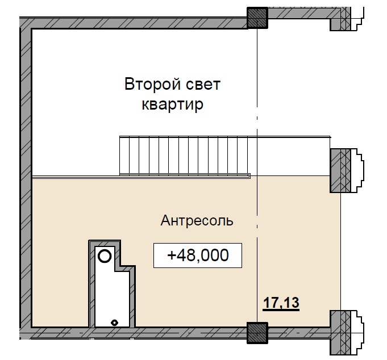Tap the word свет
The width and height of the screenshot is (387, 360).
pos(203,85)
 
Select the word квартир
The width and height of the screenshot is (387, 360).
pos(172,106)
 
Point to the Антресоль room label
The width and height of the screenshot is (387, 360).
pos(197,220)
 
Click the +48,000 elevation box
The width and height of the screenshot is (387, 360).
pos(198,256)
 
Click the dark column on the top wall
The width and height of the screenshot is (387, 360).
pos(257,18)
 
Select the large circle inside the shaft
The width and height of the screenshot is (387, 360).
pos(105,256)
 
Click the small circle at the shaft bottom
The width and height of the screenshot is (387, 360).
pos(115,322)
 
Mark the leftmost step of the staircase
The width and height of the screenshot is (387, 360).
pos(123,154)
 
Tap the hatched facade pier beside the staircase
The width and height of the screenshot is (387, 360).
pos(342,169)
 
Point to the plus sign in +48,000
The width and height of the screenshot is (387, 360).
pos(172,256)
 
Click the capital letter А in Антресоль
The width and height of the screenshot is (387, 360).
pos(165,220)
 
